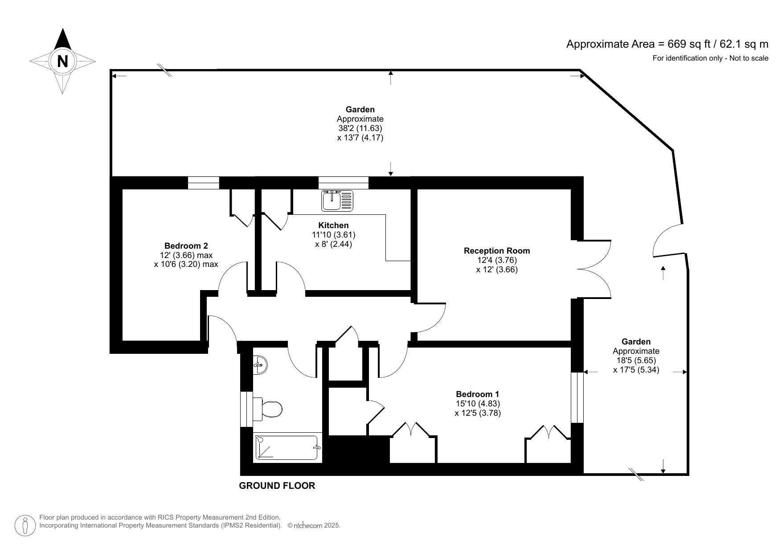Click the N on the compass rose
point(62,61)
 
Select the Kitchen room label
point(333,225)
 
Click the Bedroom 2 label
point(186,246)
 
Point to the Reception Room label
point(497,251)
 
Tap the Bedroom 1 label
point(477,394)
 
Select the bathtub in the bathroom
point(288,447)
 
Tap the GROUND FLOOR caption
point(277,486)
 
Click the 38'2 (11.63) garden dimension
point(360,128)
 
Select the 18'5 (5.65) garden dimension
point(636,360)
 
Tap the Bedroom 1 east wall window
point(577,397)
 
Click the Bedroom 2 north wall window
point(203,183)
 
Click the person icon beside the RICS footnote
point(25,525)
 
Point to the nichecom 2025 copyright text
point(314,526)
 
